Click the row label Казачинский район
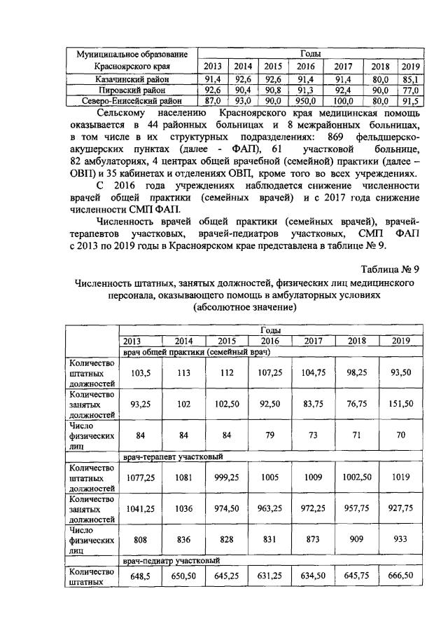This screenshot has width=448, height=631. point(132,80)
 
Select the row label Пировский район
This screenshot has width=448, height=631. point(132,90)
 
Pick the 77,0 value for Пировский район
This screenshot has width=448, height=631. point(409,90)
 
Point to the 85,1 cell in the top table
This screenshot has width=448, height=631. point(409,80)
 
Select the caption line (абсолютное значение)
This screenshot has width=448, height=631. point(241,308)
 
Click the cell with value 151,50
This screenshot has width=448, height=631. point(401,404)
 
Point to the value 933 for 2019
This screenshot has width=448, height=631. point(401,543)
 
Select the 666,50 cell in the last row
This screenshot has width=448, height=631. point(401,577)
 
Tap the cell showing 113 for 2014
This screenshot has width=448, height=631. point(185,373)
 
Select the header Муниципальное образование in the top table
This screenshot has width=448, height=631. point(132,53)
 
